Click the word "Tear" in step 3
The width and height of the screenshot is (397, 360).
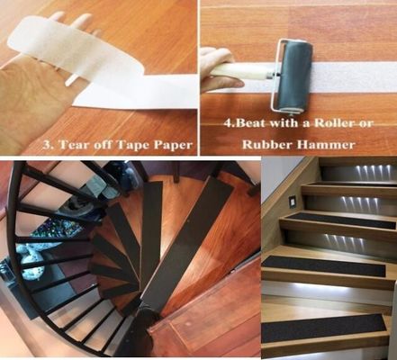tap(77, 141)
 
